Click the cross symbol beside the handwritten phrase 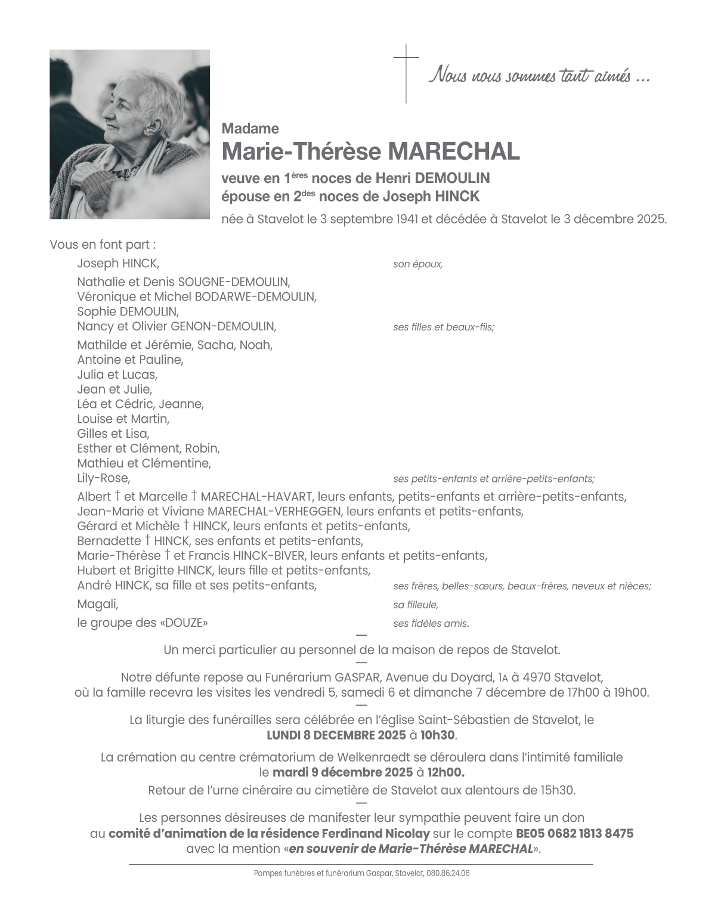coord(406,73)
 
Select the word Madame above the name coord(250,128)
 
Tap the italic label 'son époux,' coord(417,264)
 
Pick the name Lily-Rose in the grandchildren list coord(103,478)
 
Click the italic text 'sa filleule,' coord(416,605)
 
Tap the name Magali coord(97,604)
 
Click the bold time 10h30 coord(439,735)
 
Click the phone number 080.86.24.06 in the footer coord(448,873)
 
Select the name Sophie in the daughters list coord(97,311)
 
